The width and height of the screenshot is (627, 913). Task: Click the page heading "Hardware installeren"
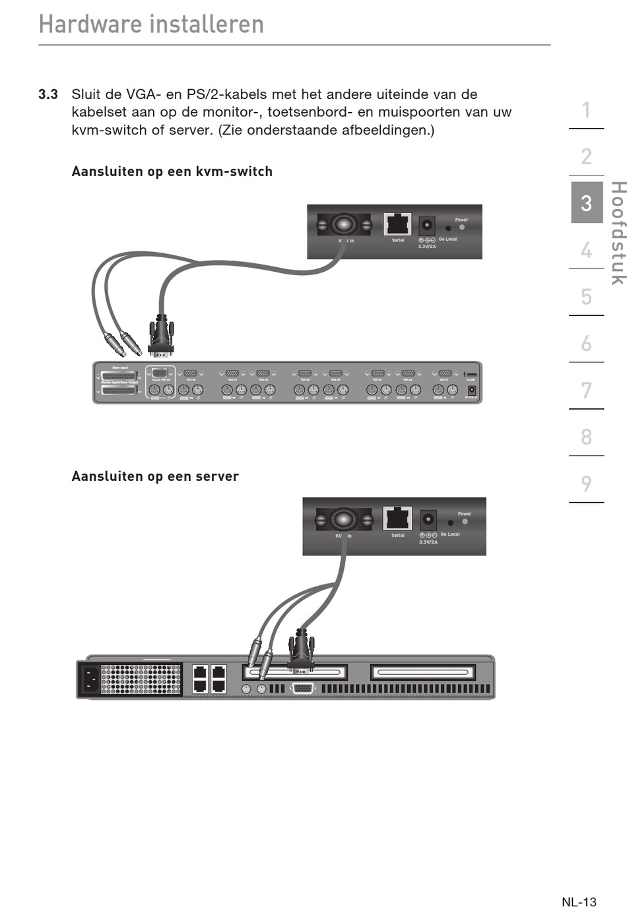tap(151, 24)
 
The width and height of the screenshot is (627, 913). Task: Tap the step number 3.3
tap(48, 94)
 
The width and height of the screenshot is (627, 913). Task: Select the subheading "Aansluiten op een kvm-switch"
tap(172, 172)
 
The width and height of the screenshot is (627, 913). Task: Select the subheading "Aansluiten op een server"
tap(155, 476)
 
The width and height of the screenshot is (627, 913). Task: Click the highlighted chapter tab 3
tap(586, 203)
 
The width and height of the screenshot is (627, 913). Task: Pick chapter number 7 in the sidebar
tap(586, 391)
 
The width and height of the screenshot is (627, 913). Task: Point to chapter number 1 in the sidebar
tap(586, 110)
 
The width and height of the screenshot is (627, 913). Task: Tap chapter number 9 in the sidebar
tap(586, 484)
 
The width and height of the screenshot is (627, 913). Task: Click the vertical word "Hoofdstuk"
tap(616, 234)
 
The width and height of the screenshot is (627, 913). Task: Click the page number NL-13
tap(579, 902)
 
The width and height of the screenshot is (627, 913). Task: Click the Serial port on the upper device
tap(397, 224)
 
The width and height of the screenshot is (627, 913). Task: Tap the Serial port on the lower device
tap(397, 519)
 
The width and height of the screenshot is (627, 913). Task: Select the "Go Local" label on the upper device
tap(447, 239)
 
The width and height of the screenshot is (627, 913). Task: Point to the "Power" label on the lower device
tap(465, 514)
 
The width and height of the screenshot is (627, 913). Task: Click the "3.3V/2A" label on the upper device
tap(427, 247)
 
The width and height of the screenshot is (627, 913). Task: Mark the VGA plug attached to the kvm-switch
tap(160, 338)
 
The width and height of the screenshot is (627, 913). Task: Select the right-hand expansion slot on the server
tap(422, 672)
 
